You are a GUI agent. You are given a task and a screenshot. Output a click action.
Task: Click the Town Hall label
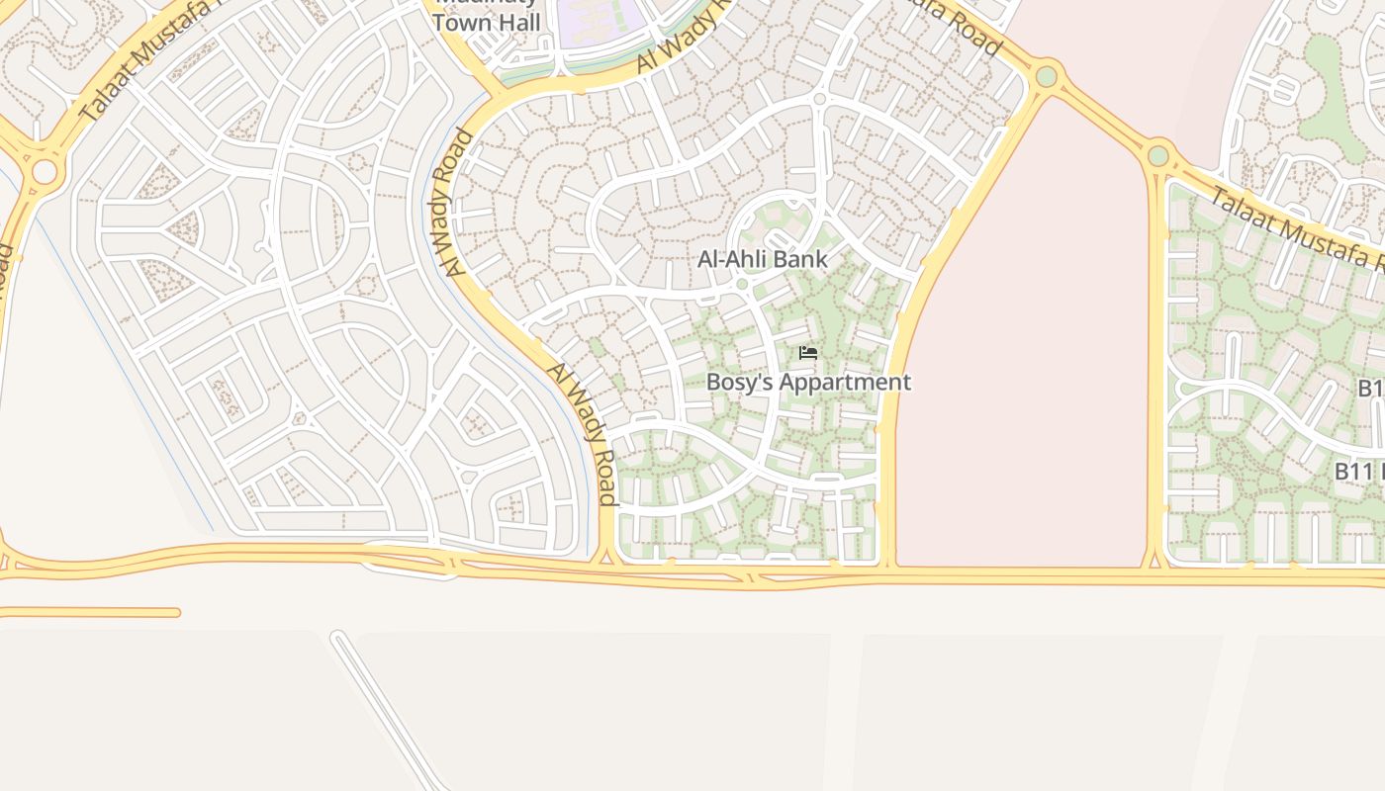tap(487, 22)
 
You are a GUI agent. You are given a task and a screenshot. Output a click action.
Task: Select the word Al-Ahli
tap(729, 260)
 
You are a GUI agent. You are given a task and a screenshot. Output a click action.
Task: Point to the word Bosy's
tap(740, 383)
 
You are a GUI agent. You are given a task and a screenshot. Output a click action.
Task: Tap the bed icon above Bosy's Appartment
tap(808, 353)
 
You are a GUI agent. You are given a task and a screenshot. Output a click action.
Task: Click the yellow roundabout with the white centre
tap(45, 172)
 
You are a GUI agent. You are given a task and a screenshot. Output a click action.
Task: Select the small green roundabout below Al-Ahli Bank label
tap(742, 285)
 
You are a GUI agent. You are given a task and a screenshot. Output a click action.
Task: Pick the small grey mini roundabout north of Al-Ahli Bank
tap(819, 99)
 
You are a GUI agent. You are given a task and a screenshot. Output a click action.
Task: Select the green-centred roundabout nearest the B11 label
tap(1158, 155)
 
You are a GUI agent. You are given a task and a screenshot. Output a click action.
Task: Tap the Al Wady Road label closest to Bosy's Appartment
tap(584, 433)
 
